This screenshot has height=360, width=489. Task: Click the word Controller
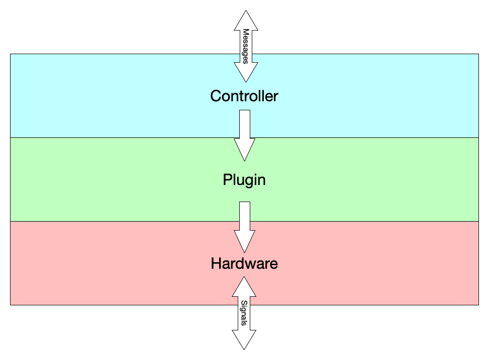pos(244,96)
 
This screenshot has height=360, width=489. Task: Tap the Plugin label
pos(244,179)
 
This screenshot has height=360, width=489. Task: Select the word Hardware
pos(244,263)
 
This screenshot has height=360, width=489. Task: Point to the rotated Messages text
pos(245,46)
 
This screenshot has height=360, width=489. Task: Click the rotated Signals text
pos(244,313)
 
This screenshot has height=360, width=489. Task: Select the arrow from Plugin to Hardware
pos(245,227)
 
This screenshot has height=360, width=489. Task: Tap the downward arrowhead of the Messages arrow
pos(245,73)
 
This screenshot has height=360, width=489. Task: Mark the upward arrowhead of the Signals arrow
pos(244,285)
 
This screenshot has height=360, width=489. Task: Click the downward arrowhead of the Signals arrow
pos(244,340)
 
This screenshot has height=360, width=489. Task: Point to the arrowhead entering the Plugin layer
pos(245,150)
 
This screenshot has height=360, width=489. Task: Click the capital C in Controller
pos(216,96)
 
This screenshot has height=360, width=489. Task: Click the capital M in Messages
pos(245,32)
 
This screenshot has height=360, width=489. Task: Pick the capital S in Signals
pos(244,303)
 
